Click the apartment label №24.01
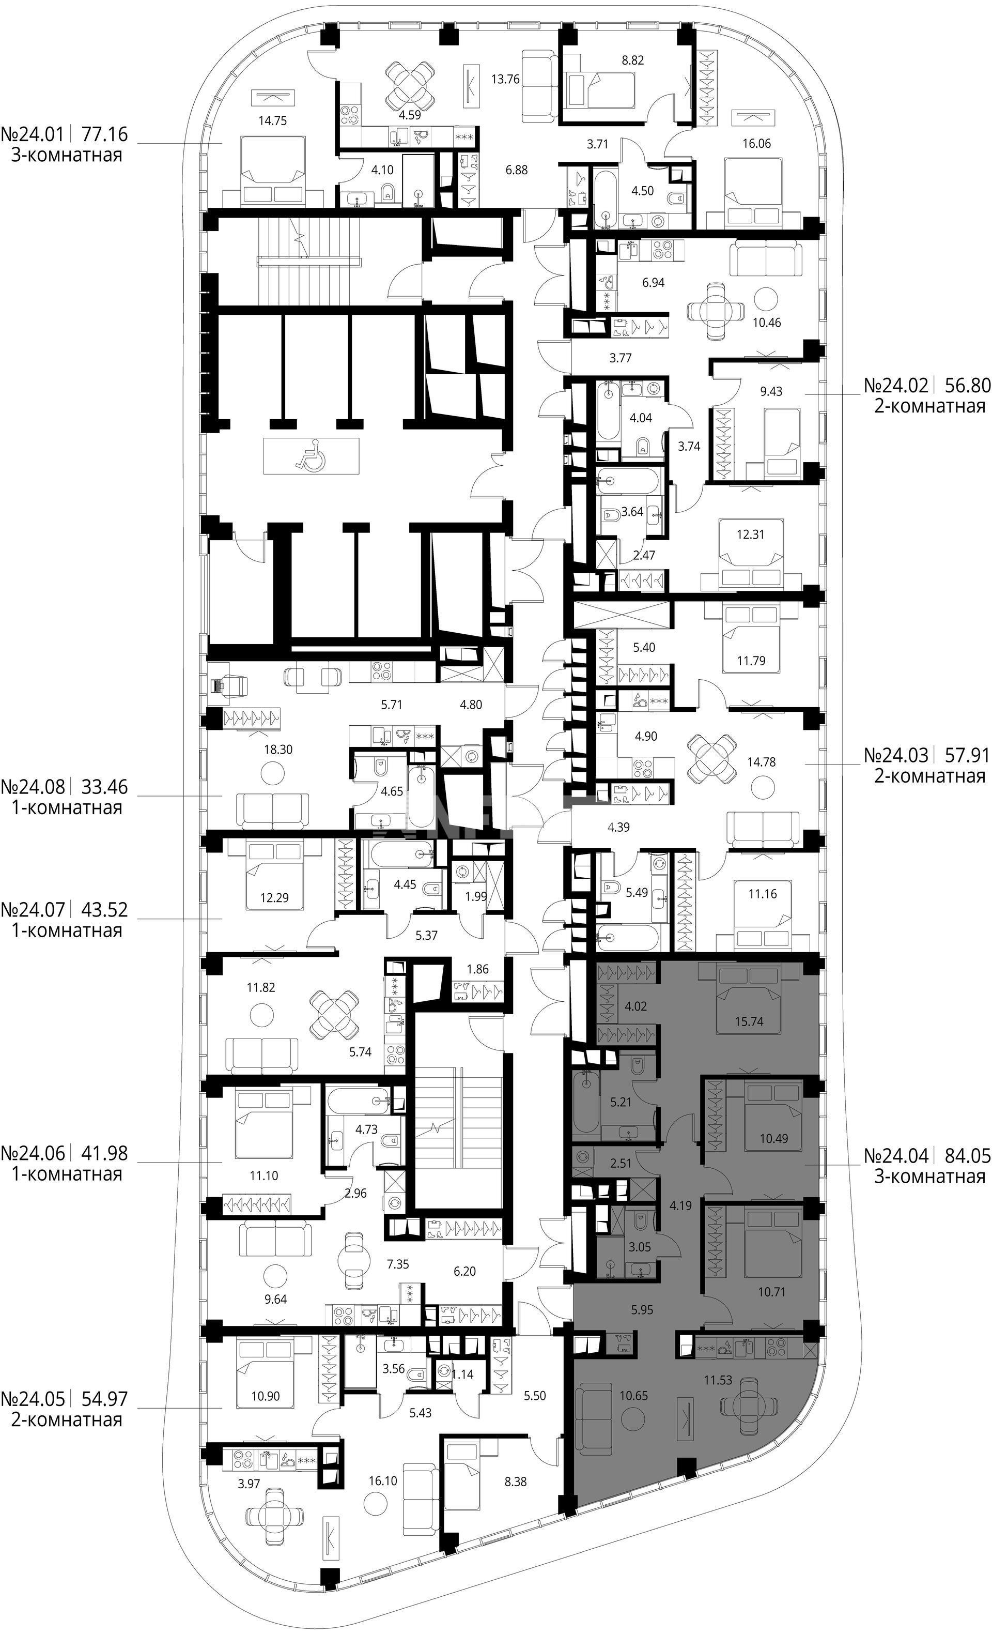[33, 134]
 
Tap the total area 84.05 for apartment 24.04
[966, 1156]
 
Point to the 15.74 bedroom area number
[749, 1021]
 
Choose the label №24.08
[33, 787]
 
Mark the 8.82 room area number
[633, 59]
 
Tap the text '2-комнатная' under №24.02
[929, 406]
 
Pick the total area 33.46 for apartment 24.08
[104, 787]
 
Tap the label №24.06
[33, 1153]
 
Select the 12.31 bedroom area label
[750, 534]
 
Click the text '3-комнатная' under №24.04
[929, 1177]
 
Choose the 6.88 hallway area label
[516, 171]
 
